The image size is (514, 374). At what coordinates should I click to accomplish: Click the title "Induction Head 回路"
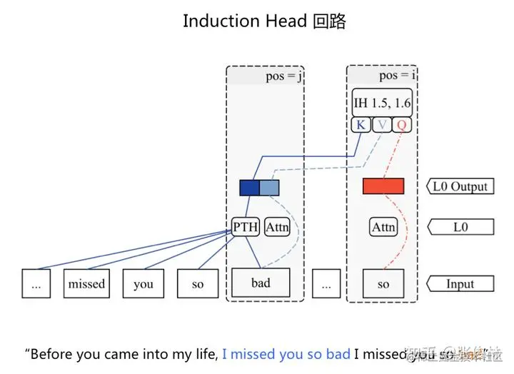[x=264, y=21]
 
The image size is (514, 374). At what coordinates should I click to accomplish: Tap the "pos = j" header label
[x=284, y=76]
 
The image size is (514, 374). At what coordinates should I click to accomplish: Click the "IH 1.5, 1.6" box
[x=383, y=103]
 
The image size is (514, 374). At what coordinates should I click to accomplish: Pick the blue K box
[x=361, y=125]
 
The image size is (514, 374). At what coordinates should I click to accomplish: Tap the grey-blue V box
[x=383, y=125]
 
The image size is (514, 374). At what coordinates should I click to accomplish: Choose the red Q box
[x=403, y=125]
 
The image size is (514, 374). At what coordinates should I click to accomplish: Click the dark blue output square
[x=249, y=188]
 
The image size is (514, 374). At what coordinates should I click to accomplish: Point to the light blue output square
[x=269, y=188]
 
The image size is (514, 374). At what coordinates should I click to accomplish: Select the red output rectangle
[x=383, y=186]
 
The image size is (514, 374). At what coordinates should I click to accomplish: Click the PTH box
[x=246, y=227]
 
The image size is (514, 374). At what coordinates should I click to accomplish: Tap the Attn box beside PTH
[x=277, y=227]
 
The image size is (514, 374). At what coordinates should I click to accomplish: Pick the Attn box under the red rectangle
[x=383, y=227]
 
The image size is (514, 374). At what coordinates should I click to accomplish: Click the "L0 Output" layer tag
[x=460, y=187]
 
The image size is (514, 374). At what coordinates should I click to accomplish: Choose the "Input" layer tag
[x=460, y=283]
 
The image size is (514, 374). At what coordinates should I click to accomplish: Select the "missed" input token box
[x=86, y=283]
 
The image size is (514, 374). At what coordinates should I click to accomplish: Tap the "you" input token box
[x=143, y=283]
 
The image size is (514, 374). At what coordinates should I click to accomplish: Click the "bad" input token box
[x=261, y=283]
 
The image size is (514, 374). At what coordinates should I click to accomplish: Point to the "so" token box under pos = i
[x=383, y=283]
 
